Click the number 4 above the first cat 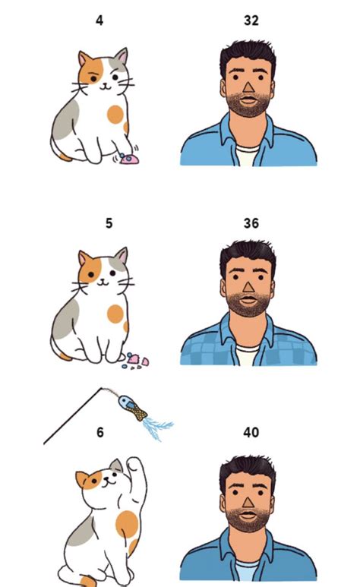click(x=99, y=21)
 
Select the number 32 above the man click(x=251, y=21)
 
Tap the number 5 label click(x=109, y=223)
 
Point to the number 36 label click(x=251, y=223)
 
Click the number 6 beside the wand click(x=99, y=433)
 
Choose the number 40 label click(x=251, y=433)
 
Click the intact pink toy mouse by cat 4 click(x=129, y=159)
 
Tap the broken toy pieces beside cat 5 click(x=137, y=359)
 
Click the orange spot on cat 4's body click(x=115, y=115)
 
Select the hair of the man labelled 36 click(x=247, y=253)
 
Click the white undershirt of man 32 click(x=248, y=157)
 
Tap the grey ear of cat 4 click(x=121, y=58)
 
